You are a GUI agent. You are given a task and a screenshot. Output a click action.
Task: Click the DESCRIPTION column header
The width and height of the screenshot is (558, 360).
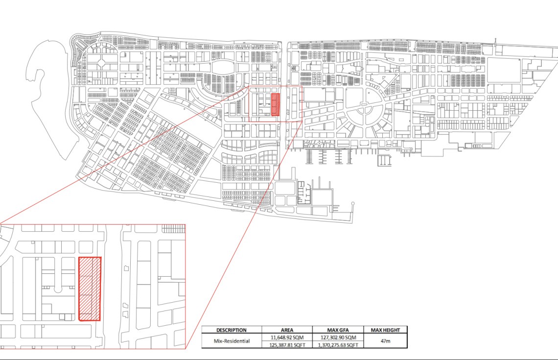coord(232,330)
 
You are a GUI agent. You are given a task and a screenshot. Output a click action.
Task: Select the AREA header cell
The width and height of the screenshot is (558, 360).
coord(287,330)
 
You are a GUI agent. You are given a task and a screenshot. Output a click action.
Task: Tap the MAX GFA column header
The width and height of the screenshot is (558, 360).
coord(338,330)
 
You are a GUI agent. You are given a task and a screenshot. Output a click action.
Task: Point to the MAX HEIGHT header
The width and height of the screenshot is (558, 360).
coord(385,330)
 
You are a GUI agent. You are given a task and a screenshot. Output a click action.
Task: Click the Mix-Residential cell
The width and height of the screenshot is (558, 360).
coord(232,341)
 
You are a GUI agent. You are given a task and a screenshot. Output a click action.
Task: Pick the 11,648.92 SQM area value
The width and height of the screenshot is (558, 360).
coord(287,337)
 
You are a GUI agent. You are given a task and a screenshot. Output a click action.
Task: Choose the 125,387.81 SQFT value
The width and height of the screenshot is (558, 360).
coord(287,345)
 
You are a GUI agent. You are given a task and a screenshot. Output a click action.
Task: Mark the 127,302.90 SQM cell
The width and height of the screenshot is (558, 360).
coord(338,337)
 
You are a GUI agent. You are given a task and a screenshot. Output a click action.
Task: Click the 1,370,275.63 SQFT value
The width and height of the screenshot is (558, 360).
coord(338,345)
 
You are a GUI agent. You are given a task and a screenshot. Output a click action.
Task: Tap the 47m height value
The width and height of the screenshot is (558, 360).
coord(385,341)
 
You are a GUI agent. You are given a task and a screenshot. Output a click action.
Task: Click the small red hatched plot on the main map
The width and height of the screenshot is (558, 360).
coord(276,105)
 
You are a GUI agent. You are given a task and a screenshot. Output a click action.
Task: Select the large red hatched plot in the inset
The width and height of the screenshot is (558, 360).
coord(90,289)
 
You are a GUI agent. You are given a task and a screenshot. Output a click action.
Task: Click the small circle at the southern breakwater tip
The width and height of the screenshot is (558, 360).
coord(353,204)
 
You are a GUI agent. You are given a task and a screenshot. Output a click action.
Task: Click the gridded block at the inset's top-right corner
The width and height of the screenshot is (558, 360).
coord(174,228)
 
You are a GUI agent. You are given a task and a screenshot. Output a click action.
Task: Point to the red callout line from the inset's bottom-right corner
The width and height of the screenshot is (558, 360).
coord(244,235)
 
